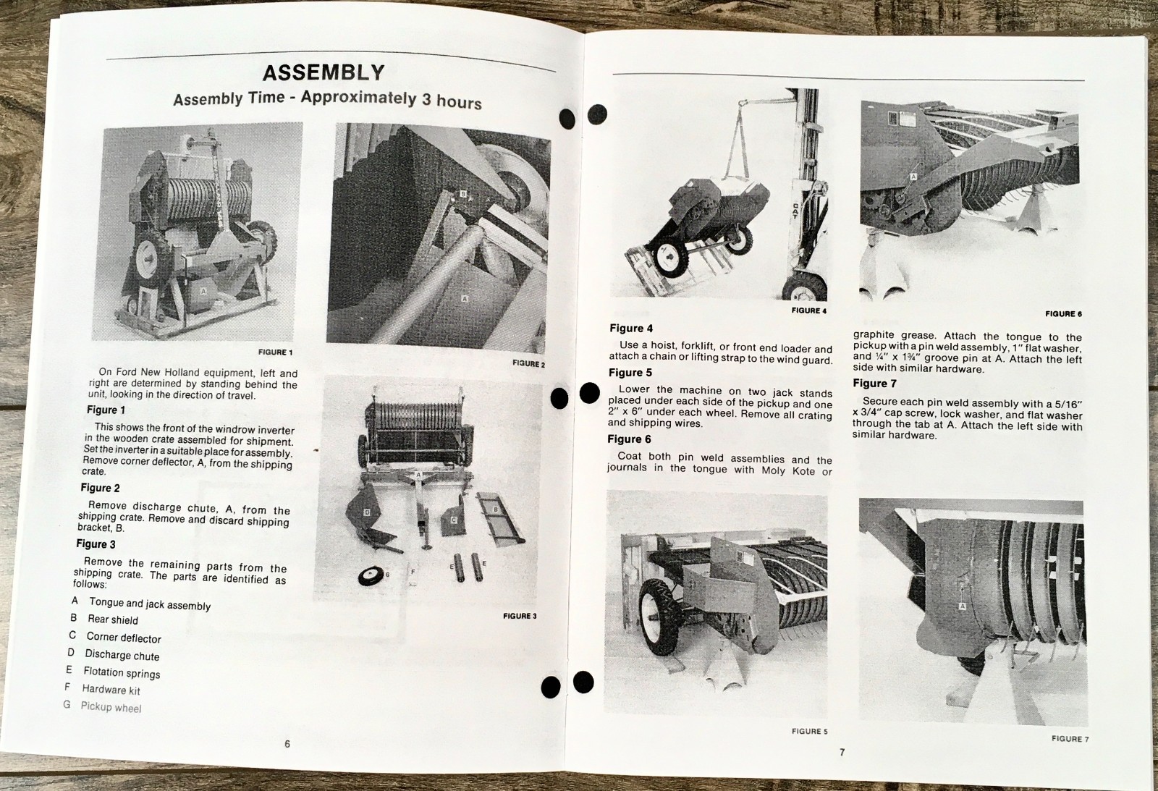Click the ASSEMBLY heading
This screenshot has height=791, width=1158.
(x=324, y=73)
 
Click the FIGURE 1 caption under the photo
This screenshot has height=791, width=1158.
(x=275, y=352)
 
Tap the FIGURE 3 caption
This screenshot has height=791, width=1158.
(x=520, y=616)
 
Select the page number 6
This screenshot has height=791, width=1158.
(x=287, y=744)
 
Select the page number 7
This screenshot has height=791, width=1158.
(x=842, y=753)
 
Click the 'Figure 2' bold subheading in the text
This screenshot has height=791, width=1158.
(x=100, y=488)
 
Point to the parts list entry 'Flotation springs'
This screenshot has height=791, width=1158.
(x=122, y=672)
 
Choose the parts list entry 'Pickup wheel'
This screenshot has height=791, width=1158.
(x=111, y=707)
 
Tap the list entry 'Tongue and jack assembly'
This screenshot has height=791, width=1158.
(x=149, y=604)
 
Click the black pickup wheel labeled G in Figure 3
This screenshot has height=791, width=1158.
(x=371, y=576)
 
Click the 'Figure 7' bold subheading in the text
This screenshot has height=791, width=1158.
(x=874, y=384)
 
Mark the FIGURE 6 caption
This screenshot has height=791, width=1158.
(x=1063, y=314)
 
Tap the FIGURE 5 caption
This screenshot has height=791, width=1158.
(x=809, y=732)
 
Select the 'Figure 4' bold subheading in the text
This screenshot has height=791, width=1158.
(x=630, y=329)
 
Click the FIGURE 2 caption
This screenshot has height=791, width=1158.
(x=528, y=364)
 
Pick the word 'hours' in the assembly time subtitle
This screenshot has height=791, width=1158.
(x=459, y=102)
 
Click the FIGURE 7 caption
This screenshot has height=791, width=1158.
(x=1070, y=739)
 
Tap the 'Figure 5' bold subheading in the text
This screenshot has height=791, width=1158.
(x=630, y=373)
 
